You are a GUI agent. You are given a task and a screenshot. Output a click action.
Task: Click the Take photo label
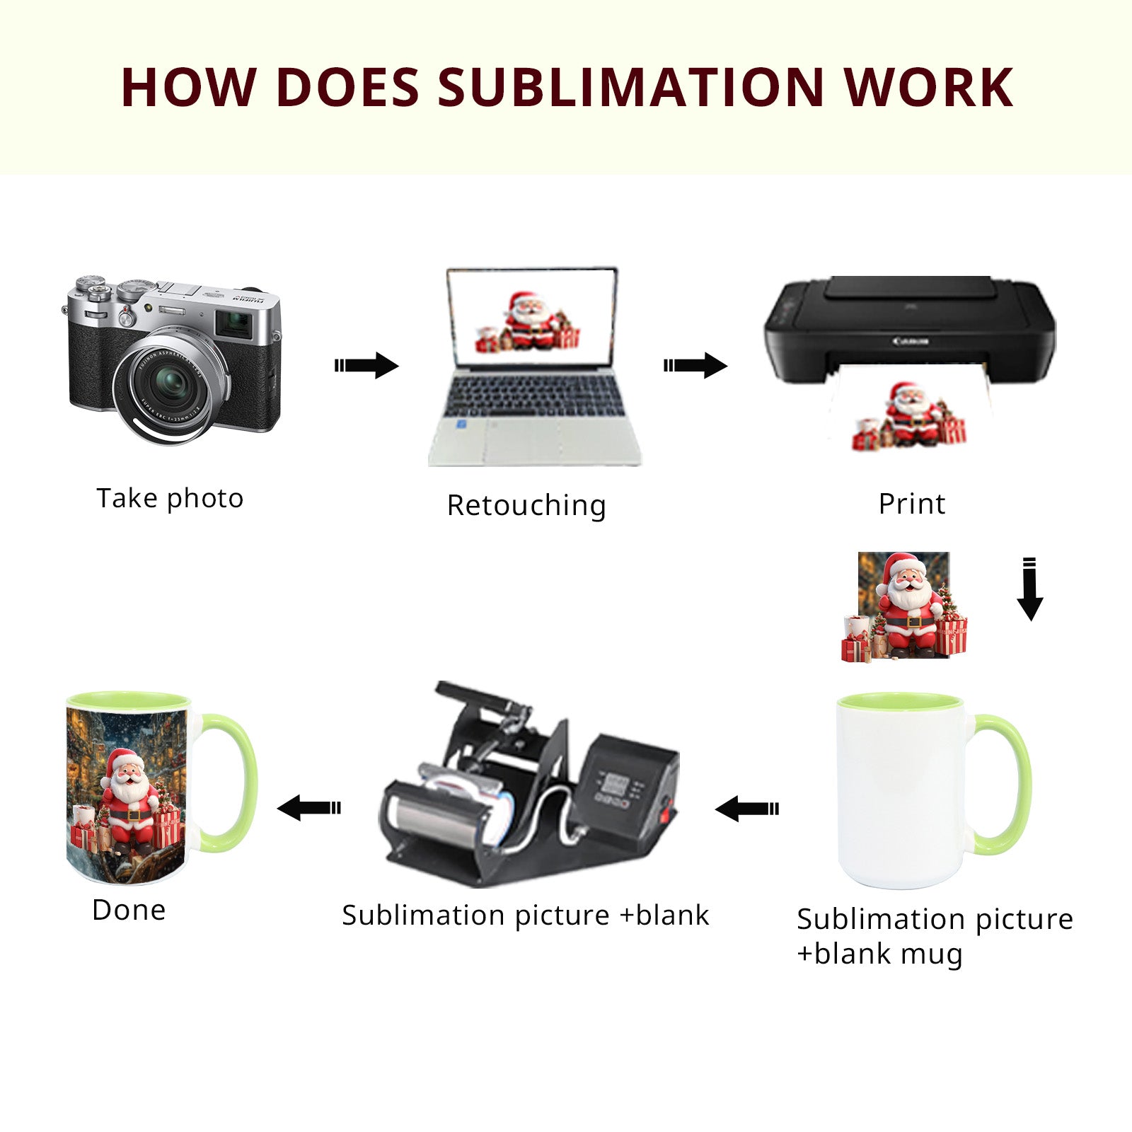[x=170, y=498]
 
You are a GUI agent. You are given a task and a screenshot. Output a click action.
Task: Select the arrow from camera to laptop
[x=366, y=365]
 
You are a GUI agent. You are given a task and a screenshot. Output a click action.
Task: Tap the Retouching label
[x=526, y=505]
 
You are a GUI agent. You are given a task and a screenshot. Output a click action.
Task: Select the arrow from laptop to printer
[x=695, y=365]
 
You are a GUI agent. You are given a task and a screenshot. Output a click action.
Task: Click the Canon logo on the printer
[x=910, y=342]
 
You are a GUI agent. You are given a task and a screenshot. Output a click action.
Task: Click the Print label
[x=911, y=504]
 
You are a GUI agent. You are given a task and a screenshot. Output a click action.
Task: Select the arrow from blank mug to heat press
[x=747, y=808]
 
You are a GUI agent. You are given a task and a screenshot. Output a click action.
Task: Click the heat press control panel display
[x=614, y=784]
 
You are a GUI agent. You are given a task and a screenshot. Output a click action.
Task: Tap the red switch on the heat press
[x=665, y=811]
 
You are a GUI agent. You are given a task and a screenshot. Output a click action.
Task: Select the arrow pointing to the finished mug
[x=309, y=807]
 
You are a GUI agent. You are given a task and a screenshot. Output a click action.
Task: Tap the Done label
[x=129, y=910]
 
